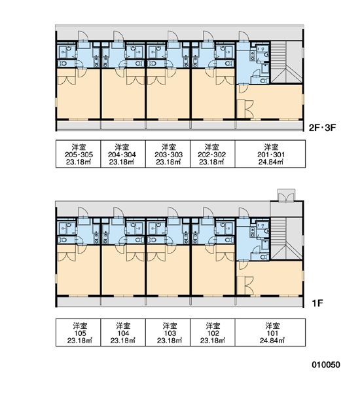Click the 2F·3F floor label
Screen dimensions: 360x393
coord(322,128)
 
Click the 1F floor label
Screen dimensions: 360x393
coord(317,303)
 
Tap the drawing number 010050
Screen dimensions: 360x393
coord(326,365)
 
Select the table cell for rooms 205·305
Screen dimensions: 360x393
coord(78,154)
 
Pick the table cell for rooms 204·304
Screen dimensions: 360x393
coord(123,154)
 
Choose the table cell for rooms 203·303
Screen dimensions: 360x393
coord(168,154)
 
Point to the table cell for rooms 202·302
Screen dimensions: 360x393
coord(213,154)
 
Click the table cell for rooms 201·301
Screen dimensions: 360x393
coord(270,154)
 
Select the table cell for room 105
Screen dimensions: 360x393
coord(78,332)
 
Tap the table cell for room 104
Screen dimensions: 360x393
coord(123,332)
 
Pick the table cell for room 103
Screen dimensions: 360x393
coord(168,332)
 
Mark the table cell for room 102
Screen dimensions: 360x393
coord(213,332)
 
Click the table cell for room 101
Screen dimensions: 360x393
coord(270,332)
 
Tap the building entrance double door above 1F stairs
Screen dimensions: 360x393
coord(286,195)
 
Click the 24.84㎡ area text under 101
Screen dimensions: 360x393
coord(272,341)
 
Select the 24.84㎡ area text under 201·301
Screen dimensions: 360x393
coord(271,162)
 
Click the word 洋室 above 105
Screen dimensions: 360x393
coord(80,326)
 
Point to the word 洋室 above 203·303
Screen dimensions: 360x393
coord(169,147)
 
